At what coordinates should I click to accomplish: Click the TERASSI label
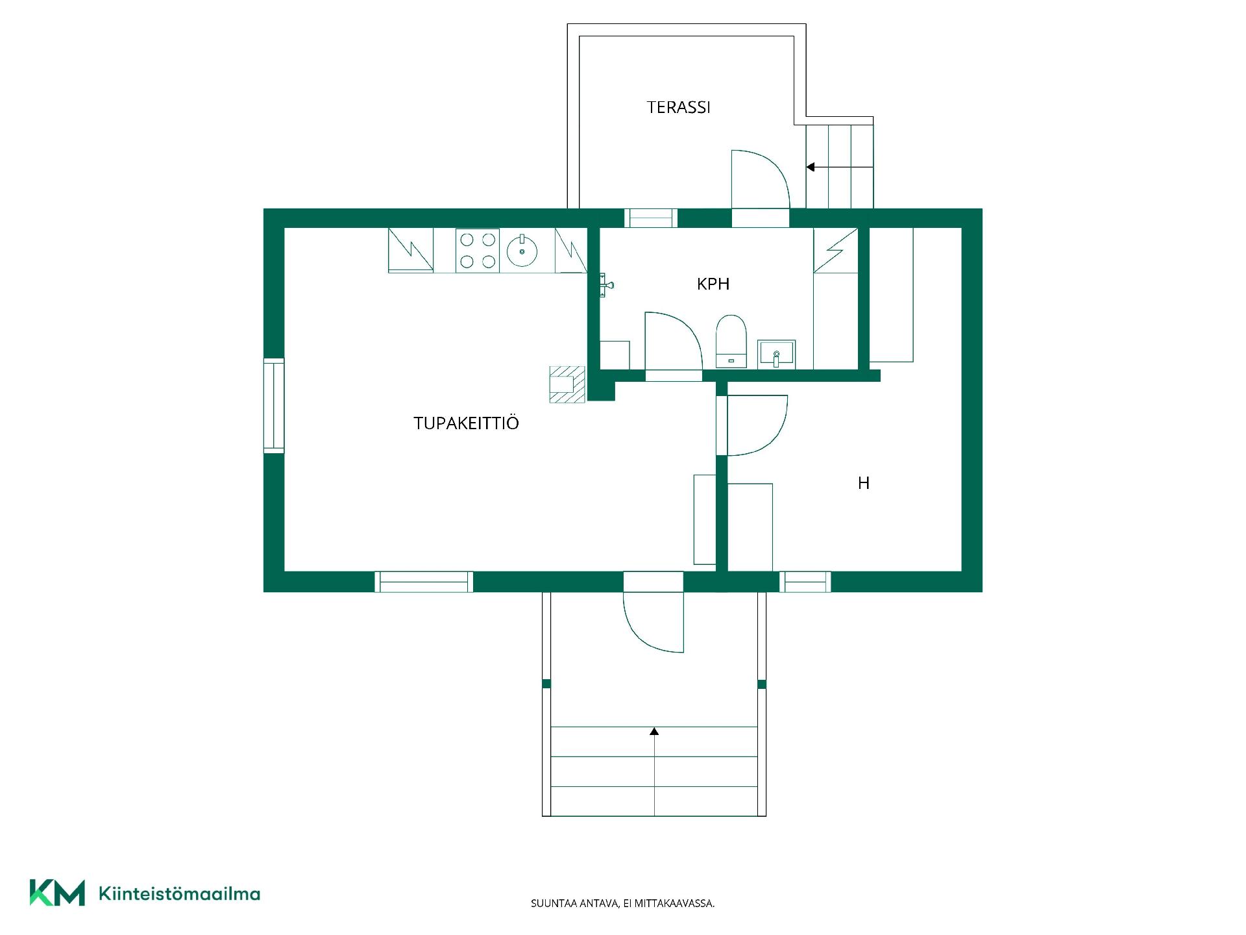678,107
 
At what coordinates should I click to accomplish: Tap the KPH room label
713,284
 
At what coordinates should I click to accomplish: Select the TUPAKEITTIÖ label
466,423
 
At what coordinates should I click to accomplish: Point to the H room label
864,483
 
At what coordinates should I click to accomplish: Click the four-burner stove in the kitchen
478,251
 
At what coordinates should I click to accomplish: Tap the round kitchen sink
522,251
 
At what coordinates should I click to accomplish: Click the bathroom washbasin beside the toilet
777,355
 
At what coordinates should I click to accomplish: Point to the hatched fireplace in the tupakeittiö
567,384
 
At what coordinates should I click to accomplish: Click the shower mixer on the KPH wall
606,284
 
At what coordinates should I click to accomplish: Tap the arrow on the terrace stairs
840,167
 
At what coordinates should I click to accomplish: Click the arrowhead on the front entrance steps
654,731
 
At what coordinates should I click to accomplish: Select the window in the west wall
274,405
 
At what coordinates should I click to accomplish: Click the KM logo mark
57,893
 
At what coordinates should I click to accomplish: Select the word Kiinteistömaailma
179,893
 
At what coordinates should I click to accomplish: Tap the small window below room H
805,582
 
